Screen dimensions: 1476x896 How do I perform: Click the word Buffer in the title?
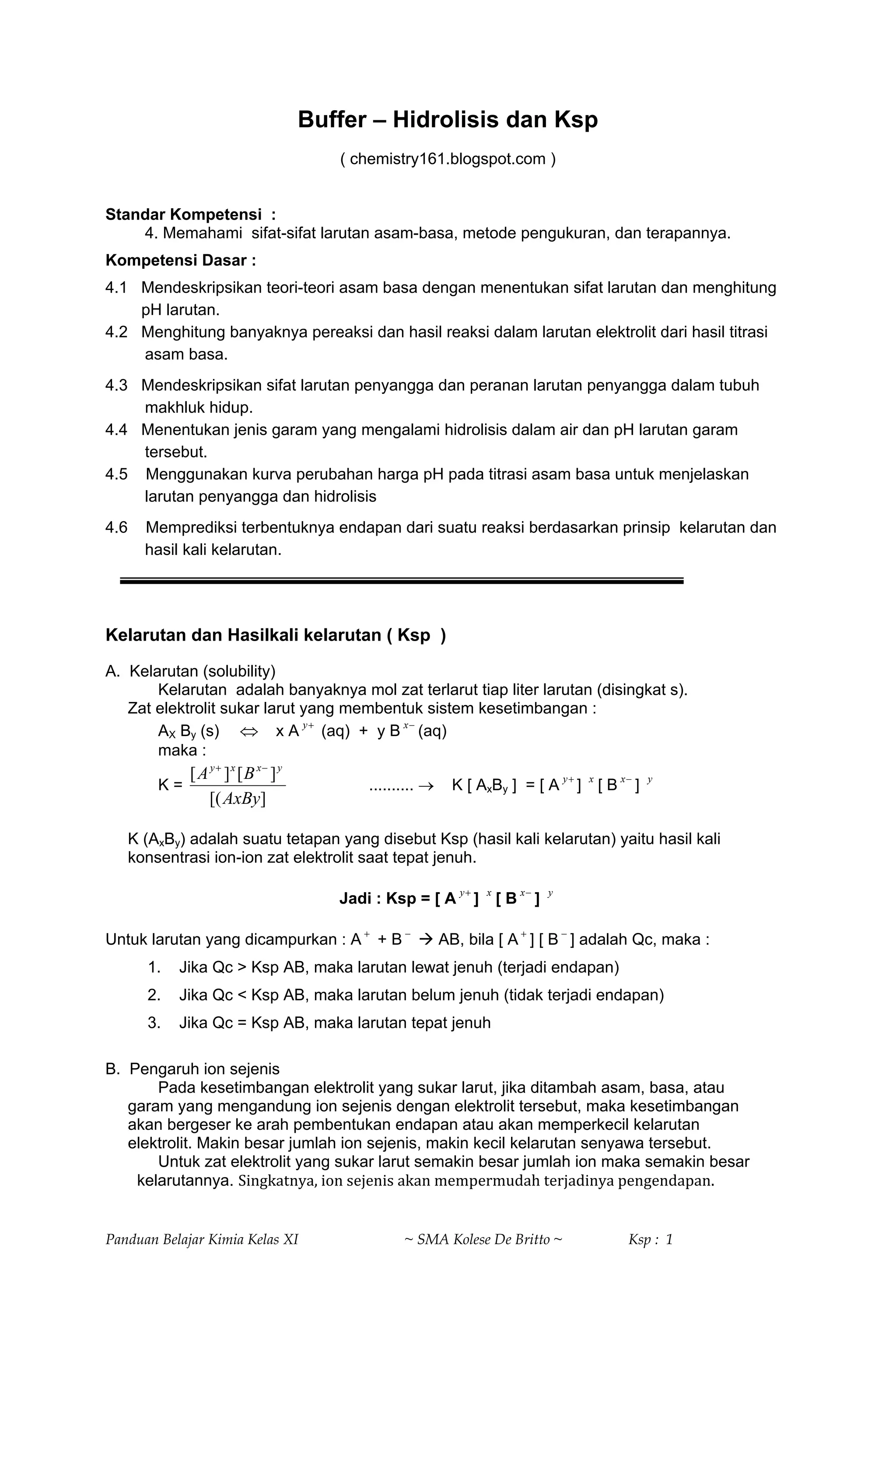click(332, 120)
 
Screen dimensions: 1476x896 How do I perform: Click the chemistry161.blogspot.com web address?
click(448, 159)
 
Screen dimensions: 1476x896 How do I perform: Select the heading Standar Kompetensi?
click(183, 214)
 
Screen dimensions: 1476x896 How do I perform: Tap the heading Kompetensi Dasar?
click(180, 260)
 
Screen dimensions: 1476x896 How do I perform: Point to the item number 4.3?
click(116, 385)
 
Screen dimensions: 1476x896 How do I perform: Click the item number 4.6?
click(116, 528)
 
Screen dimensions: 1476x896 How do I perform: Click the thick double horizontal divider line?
click(401, 580)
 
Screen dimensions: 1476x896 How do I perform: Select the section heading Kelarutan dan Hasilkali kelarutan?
click(276, 635)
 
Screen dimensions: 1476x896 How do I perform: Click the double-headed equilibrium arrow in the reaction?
click(248, 731)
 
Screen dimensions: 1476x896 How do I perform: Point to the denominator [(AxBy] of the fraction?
click(238, 799)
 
